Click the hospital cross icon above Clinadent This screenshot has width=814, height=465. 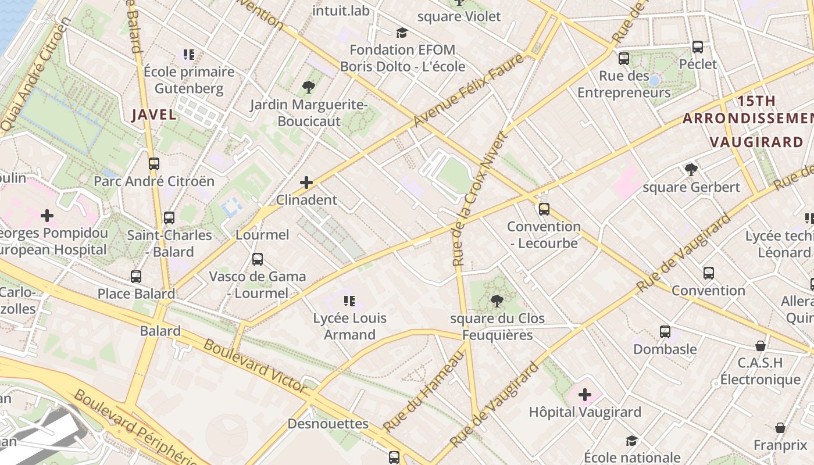click(x=306, y=183)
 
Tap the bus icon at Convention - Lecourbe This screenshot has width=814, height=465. click(x=544, y=209)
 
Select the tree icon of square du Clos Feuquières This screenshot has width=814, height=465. click(x=497, y=301)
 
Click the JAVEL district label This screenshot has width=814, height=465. click(x=154, y=115)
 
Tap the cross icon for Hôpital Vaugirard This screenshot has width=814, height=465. click(x=585, y=395)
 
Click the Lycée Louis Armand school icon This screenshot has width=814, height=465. click(x=349, y=301)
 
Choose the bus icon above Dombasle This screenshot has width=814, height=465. click(x=665, y=332)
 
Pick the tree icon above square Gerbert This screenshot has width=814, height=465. click(x=691, y=170)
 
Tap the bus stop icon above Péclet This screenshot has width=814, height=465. click(x=698, y=47)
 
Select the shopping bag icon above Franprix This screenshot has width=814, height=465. click(x=780, y=428)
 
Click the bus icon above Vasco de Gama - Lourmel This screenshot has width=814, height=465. click(x=258, y=259)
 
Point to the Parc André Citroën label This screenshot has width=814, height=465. click(x=154, y=181)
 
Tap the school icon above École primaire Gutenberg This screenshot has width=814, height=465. click(x=189, y=55)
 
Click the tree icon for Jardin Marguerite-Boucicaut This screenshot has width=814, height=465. click(x=309, y=88)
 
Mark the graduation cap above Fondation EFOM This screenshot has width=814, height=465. click(x=402, y=33)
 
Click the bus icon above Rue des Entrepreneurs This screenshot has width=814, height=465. click(x=624, y=59)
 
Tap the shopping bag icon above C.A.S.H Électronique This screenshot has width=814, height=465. click(x=760, y=346)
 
